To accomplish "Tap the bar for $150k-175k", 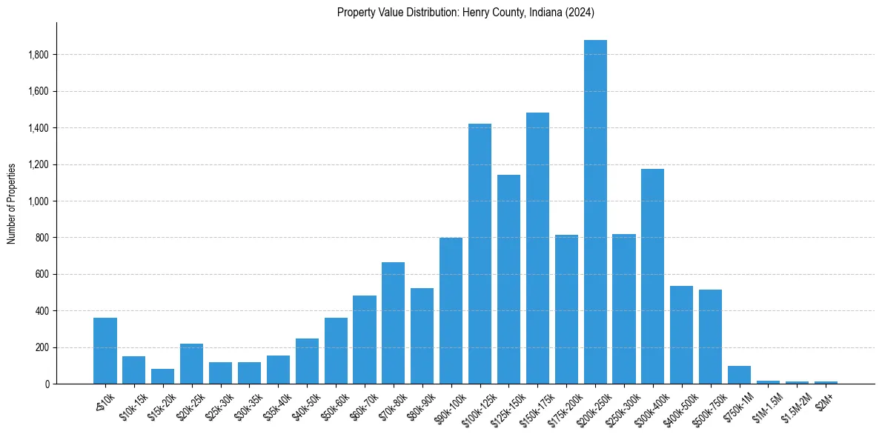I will [x=537, y=248].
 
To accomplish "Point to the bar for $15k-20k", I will [x=162, y=376].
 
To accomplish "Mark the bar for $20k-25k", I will [x=191, y=364].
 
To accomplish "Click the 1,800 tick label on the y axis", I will [x=39, y=55].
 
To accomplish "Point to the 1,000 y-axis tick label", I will [x=39, y=201].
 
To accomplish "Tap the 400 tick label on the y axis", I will [x=42, y=311].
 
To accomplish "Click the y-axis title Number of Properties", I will [x=12, y=203].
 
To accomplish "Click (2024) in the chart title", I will [x=579, y=13].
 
